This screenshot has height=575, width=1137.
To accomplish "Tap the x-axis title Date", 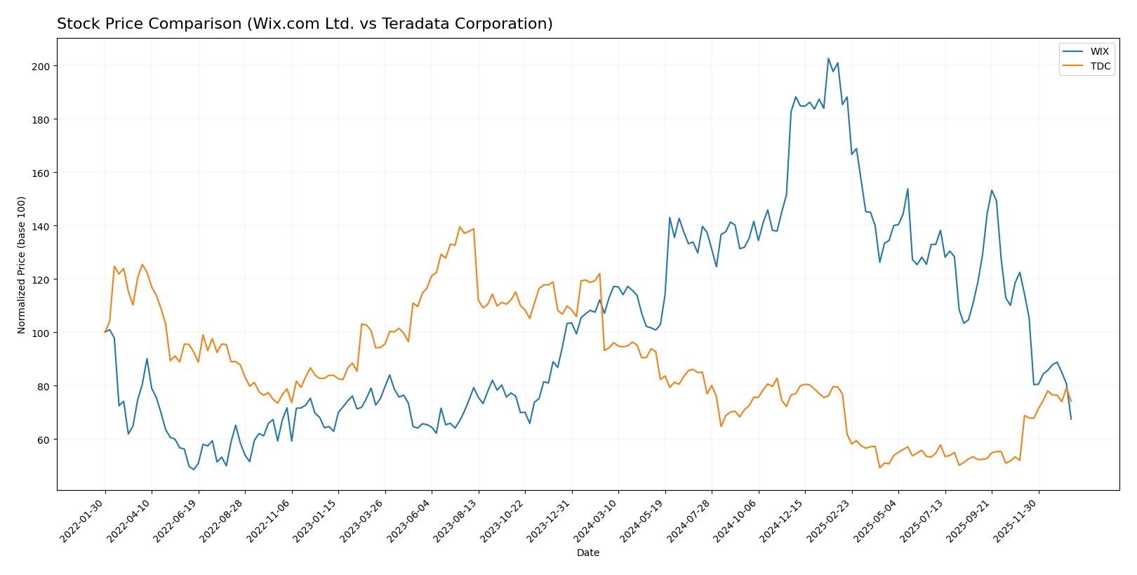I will [587, 553].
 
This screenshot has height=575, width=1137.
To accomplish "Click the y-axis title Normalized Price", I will [22, 265].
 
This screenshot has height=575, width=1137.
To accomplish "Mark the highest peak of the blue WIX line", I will [828, 58].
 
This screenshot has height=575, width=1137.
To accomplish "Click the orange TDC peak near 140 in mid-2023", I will [460, 227].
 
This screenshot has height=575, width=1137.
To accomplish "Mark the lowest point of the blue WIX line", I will [194, 470].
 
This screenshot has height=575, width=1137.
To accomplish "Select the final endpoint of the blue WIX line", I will [1071, 419].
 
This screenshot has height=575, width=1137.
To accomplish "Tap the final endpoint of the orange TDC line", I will [1071, 402].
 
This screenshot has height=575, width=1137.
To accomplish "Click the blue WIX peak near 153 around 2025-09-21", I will [992, 190].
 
